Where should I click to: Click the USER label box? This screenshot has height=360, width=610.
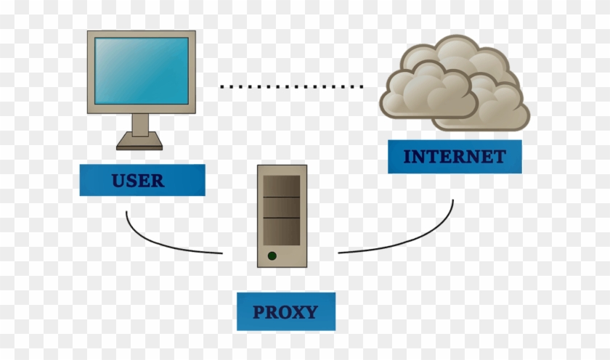click(142, 180)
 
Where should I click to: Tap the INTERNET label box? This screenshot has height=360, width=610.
click(454, 157)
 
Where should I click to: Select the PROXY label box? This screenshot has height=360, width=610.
click(285, 312)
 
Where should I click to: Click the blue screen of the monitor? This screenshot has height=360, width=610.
click(141, 70)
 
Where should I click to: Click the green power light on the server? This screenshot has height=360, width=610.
click(272, 255)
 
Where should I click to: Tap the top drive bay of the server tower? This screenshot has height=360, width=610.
click(282, 186)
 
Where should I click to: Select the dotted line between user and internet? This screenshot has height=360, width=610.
click(290, 86)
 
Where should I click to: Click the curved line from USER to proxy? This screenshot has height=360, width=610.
click(160, 243)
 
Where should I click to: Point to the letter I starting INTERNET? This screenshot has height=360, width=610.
click(407, 157)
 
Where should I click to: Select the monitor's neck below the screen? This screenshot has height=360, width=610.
click(140, 124)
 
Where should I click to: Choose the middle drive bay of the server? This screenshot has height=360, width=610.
click(282, 208)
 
